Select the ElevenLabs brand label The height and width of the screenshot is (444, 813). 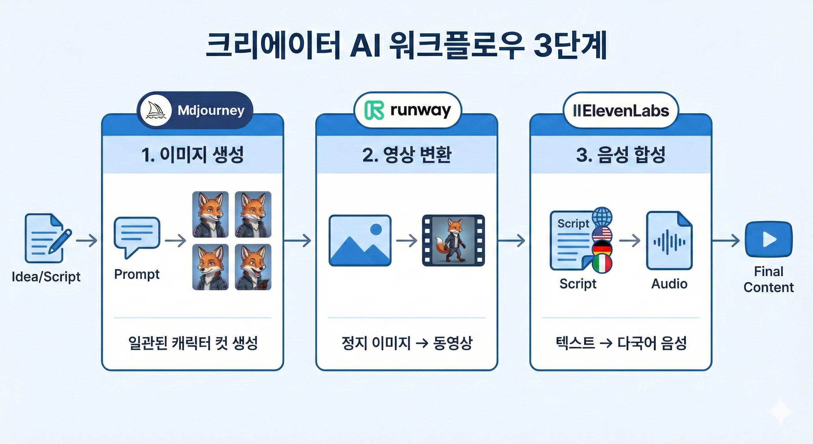click(621, 111)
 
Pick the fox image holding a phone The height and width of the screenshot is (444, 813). click(253, 267)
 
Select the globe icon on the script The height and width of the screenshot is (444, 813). click(602, 217)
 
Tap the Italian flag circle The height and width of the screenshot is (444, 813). click(602, 264)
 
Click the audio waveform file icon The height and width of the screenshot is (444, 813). click(669, 241)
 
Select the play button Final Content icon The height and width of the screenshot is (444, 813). click(769, 240)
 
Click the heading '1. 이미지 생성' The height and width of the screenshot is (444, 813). click(192, 155)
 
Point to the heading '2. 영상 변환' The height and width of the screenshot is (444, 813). click(406, 155)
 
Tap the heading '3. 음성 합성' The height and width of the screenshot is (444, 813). click(620, 155)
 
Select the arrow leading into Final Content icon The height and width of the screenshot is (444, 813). click(726, 241)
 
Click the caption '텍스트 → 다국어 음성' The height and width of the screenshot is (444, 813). click(621, 343)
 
